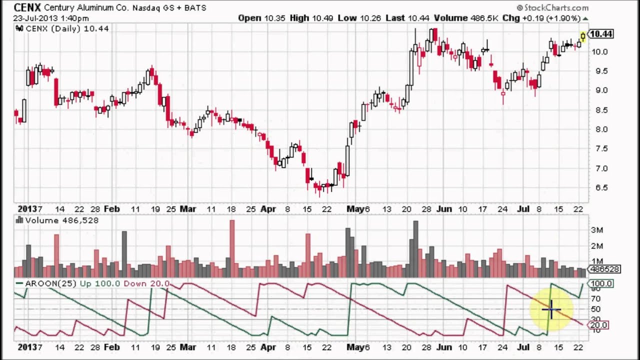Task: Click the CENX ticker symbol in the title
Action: (27, 7)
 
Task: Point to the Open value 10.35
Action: (275, 18)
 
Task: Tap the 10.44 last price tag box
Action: (600, 34)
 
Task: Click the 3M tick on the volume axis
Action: (597, 230)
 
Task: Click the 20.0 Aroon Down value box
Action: (599, 325)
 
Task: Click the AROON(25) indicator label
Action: (50, 283)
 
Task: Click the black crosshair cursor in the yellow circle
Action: (551, 310)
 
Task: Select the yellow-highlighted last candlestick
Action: (583, 36)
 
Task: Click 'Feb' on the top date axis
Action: (111, 209)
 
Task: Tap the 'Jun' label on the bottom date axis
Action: (443, 347)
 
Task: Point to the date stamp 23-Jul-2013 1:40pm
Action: (50, 18)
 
